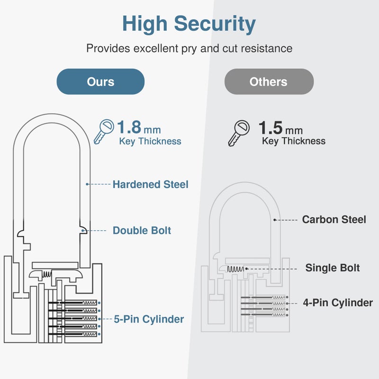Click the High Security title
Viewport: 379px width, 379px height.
[x=189, y=23]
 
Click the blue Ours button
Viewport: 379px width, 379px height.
[x=100, y=81]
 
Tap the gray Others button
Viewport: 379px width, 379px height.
[x=269, y=81]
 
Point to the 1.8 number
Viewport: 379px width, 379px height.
[x=128, y=128]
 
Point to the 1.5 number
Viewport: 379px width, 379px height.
[x=271, y=128]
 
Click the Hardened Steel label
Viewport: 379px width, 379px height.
[x=150, y=184]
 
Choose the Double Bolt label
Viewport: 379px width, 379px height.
[x=142, y=231]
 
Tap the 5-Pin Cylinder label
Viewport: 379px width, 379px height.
[x=149, y=319]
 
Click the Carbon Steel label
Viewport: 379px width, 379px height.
[x=334, y=220]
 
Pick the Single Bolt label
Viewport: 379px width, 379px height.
[x=333, y=268]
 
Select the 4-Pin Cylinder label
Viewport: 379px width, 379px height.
[x=338, y=302]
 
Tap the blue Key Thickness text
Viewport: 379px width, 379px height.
[x=150, y=141]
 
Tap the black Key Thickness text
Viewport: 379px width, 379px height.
[x=294, y=141]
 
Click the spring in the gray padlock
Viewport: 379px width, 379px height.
[x=235, y=269]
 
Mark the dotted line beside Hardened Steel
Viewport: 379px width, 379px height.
[x=99, y=184]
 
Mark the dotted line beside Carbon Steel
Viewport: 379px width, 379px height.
[x=286, y=220]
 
